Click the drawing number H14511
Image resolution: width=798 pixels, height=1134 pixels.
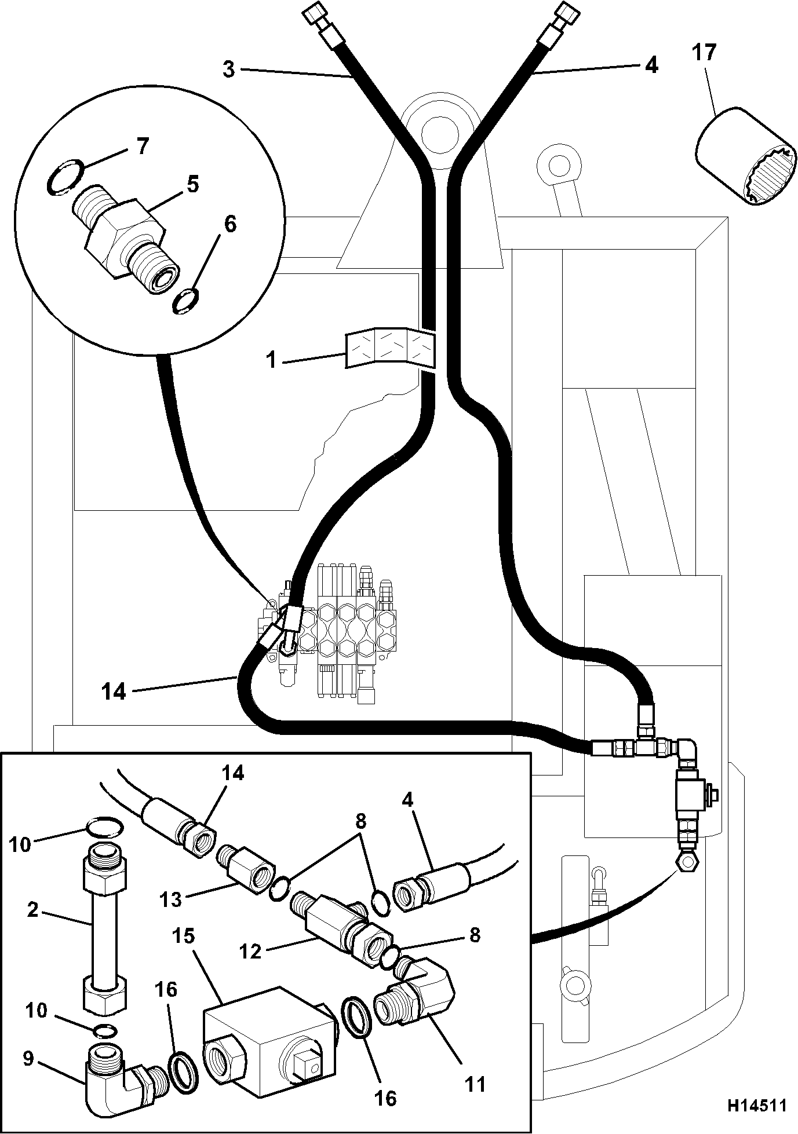pyautogui.click(x=757, y=1105)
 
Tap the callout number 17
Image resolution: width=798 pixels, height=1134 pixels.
pyautogui.click(x=704, y=53)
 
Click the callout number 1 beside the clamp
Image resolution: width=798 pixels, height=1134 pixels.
pyautogui.click(x=271, y=360)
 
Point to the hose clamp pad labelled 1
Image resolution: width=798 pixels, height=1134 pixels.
pyautogui.click(x=389, y=349)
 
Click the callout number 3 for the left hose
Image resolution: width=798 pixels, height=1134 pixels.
pyautogui.click(x=229, y=69)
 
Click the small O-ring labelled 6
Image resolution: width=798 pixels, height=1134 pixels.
pyautogui.click(x=187, y=302)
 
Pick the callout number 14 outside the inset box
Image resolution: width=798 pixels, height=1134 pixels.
pyautogui.click(x=114, y=691)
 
